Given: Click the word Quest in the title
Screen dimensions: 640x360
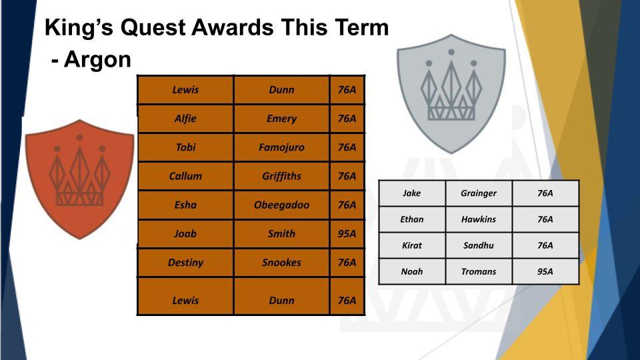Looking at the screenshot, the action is (x=153, y=28).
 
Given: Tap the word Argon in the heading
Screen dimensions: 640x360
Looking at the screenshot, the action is (x=97, y=59).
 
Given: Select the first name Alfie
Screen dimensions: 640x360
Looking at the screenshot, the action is (x=185, y=119).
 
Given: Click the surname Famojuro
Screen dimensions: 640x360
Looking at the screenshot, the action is (x=281, y=147).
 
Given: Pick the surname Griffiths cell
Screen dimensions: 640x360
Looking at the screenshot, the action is (x=281, y=176).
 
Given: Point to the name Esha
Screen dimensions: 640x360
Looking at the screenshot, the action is (x=185, y=205).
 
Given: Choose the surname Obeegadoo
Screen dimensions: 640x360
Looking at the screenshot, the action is (x=281, y=205).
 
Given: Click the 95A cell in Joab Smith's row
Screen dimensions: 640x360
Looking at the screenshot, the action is (x=347, y=234).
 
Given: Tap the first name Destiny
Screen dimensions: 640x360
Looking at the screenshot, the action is (x=185, y=263).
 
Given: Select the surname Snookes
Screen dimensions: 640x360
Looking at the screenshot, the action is (x=281, y=263).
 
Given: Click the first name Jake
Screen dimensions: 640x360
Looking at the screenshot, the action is (x=411, y=193).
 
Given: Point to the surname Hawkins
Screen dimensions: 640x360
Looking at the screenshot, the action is (x=479, y=219).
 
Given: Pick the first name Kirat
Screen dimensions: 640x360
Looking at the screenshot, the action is (x=411, y=245).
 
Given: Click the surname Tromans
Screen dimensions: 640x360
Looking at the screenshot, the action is (x=479, y=271).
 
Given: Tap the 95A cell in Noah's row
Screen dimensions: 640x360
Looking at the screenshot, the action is (x=545, y=271).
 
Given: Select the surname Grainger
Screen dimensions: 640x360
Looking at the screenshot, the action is (x=479, y=193).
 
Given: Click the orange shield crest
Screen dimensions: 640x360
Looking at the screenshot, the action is (x=79, y=179).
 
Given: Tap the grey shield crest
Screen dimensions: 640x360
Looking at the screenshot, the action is (x=451, y=93).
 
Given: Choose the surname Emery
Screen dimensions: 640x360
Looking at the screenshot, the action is (x=281, y=119).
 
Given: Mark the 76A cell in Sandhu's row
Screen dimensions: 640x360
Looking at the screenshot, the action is (x=545, y=245).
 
